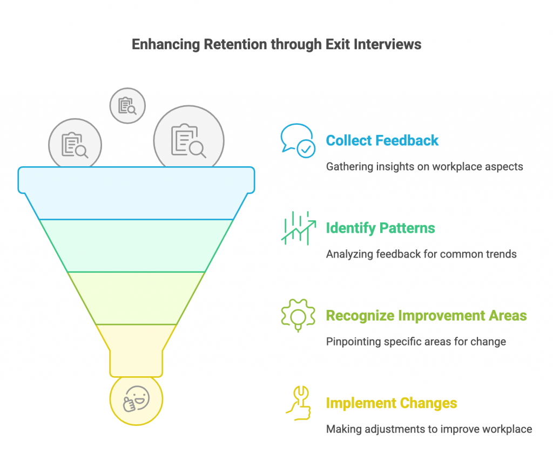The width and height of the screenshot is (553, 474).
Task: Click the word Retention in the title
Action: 235,44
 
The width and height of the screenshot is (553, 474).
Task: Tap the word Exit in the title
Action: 338,44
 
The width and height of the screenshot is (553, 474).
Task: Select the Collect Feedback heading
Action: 382,140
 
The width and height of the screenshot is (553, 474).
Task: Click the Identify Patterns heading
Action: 380,228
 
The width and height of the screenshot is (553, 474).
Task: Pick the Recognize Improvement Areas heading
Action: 426,316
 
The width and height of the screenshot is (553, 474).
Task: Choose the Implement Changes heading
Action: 392,403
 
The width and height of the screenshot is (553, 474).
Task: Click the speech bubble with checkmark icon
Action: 298,140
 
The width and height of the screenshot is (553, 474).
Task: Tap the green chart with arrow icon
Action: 298,228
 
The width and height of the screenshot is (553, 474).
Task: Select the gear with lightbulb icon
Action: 298,315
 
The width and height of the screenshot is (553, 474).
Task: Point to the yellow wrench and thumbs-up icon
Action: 299,403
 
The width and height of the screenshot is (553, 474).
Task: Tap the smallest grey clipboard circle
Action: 127,106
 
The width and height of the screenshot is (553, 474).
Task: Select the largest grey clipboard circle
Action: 188,138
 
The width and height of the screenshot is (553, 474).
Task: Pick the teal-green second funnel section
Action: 136,246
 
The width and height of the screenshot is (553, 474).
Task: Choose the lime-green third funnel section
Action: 136,298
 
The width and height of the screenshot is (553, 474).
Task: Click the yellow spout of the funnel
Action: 136,350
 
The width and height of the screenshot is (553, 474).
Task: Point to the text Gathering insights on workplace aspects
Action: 424,166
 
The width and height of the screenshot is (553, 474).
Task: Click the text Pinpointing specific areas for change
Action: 416,341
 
